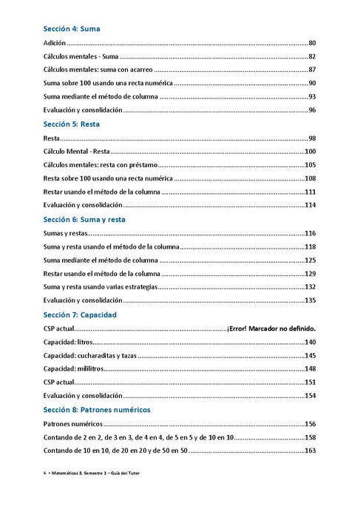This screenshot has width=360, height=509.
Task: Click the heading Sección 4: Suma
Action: (x=72, y=29)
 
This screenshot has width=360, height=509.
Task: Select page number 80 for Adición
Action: (x=312, y=44)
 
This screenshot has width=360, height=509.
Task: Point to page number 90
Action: (x=312, y=83)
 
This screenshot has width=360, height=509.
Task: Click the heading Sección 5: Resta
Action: (x=72, y=124)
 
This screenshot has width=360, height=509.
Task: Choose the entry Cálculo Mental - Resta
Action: (x=76, y=152)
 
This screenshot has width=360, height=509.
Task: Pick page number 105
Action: (x=310, y=165)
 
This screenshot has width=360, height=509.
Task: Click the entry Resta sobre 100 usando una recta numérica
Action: (x=108, y=178)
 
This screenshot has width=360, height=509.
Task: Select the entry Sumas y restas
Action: (x=66, y=233)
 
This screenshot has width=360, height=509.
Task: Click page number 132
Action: (x=310, y=287)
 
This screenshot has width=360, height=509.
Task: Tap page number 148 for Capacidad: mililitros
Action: (x=310, y=368)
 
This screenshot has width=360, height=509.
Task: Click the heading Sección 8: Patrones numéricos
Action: (x=97, y=409)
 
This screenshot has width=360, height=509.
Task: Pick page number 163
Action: (x=310, y=451)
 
